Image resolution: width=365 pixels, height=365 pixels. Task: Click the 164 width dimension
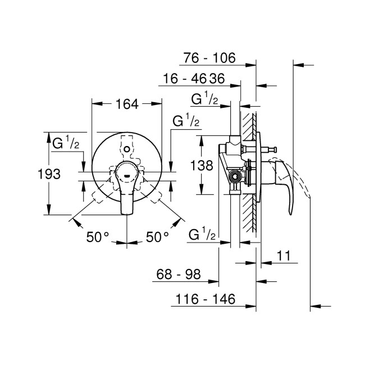pos(127,104)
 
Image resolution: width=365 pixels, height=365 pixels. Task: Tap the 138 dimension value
pos(201,165)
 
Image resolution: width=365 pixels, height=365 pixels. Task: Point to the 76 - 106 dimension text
pos(209,58)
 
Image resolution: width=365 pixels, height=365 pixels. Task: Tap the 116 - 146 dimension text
pos(204,299)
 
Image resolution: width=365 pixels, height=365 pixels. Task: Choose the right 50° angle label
pos(157,236)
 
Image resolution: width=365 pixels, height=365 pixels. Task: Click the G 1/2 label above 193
pos(66,144)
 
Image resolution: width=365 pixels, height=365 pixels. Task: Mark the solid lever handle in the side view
pos(286,185)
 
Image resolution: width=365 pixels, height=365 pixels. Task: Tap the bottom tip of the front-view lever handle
pos(127,212)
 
